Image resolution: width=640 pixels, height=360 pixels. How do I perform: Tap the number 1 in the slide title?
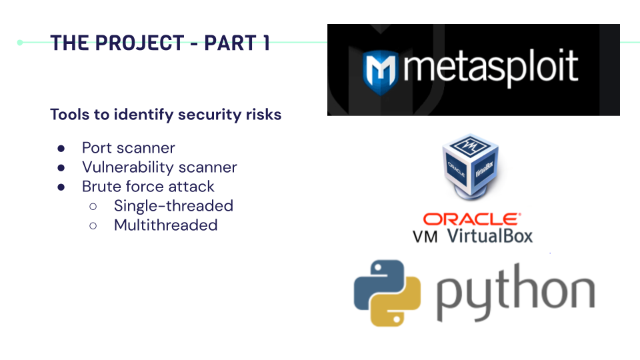tap(265, 43)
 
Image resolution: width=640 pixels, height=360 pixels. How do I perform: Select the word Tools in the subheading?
tap(70, 115)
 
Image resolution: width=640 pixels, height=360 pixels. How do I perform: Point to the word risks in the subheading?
tap(262, 115)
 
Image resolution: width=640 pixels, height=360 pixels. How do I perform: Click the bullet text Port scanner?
tap(129, 148)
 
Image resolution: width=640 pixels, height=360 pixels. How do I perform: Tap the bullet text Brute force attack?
tap(148, 187)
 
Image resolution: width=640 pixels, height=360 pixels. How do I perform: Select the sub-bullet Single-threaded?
tap(173, 206)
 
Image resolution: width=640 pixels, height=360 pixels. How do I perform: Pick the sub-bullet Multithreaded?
tap(165, 225)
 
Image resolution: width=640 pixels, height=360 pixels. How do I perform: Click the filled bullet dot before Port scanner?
tap(61, 149)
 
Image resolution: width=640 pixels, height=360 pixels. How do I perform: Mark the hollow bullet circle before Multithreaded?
tap(93, 226)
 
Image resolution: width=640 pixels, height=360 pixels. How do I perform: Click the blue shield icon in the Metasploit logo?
tap(378, 70)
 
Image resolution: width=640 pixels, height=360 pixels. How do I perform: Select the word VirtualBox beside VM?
tap(490, 235)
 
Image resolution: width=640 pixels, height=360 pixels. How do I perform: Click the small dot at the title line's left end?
tap(20, 43)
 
